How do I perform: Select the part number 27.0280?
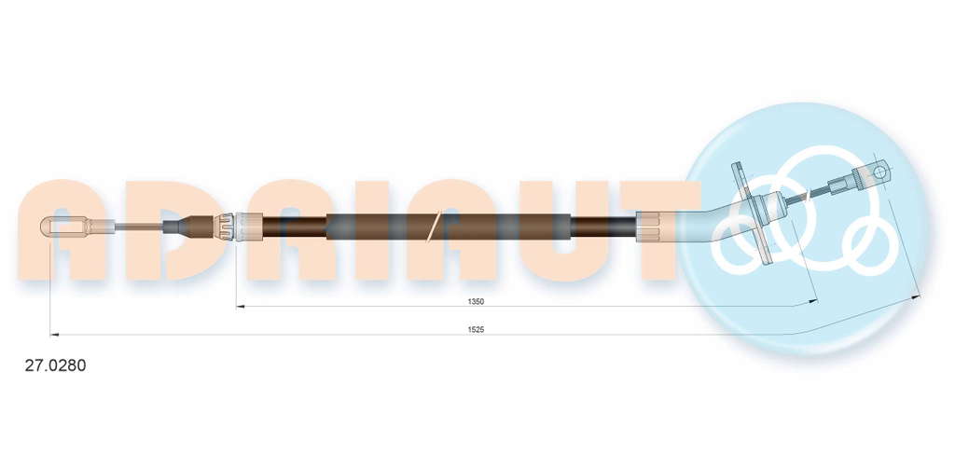pos(55,365)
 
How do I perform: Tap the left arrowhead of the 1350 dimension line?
pos(240,307)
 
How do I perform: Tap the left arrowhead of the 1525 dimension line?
pos(54,334)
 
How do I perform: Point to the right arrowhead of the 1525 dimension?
pos(916,296)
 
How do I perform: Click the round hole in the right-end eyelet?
pos(879,172)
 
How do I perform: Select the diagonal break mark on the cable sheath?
pos(434,226)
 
